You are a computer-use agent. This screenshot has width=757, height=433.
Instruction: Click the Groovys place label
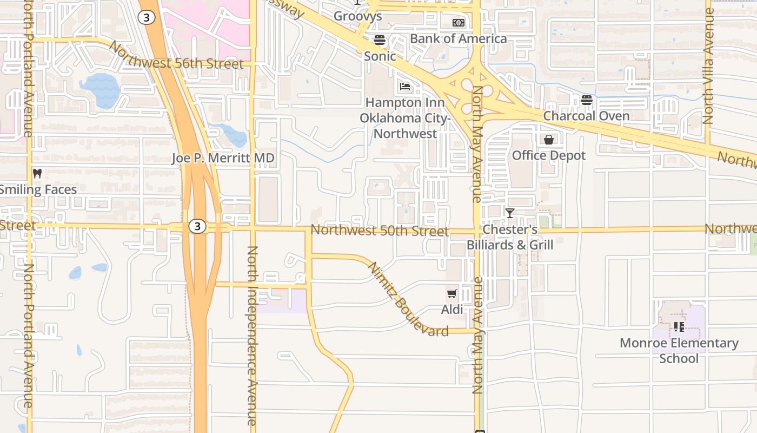pyautogui.click(x=357, y=16)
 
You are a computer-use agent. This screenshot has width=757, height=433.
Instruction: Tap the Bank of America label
pyautogui.click(x=458, y=38)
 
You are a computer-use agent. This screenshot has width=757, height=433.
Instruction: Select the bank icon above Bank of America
pyautogui.click(x=458, y=23)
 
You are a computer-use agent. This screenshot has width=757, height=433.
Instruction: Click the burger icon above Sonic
pyautogui.click(x=379, y=40)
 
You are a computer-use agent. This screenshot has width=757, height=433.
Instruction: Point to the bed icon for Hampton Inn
pyautogui.click(x=405, y=87)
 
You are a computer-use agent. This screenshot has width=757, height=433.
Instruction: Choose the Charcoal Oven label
pyautogui.click(x=586, y=116)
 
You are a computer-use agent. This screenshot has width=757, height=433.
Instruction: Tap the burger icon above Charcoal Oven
pyautogui.click(x=587, y=100)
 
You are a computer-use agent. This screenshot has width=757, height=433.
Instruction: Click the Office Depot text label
pyautogui.click(x=548, y=155)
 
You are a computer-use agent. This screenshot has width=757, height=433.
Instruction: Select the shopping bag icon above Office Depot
pyautogui.click(x=549, y=140)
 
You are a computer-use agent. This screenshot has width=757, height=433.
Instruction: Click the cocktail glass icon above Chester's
pyautogui.click(x=510, y=213)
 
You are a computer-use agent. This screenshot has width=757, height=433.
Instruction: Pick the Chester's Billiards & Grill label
pyautogui.click(x=510, y=238)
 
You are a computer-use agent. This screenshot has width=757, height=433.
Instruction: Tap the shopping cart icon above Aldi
pyautogui.click(x=451, y=294)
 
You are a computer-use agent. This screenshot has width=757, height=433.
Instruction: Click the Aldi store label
pyautogui.click(x=452, y=310)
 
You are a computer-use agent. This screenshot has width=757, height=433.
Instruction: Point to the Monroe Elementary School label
pyautogui.click(x=679, y=350)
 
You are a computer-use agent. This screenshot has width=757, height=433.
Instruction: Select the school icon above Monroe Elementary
pyautogui.click(x=679, y=327)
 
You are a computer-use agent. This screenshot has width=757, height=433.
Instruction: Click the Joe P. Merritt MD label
pyautogui.click(x=223, y=158)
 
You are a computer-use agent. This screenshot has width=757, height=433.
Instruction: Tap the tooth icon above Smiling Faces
pyautogui.click(x=37, y=174)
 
